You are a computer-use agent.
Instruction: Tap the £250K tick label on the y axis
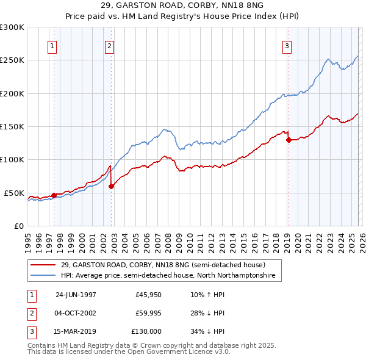coord(12,60)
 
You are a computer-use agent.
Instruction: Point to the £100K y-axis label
coord(12,159)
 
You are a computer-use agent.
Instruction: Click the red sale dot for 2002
coord(111,187)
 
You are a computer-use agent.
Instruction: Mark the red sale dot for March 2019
coord(289,140)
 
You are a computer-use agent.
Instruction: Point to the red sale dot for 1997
coord(54,195)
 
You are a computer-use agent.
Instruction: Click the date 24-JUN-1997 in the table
coord(76,295)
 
